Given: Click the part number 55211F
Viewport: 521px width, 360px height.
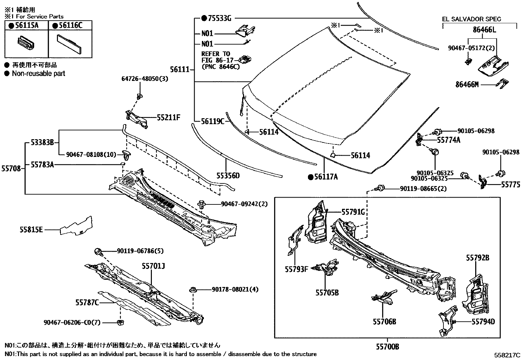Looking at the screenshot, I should point(169,118).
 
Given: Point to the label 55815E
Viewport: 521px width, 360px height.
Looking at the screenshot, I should point(31,230).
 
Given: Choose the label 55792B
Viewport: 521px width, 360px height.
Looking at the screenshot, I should point(477,258).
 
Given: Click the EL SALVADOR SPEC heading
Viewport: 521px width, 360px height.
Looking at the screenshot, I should point(471,19).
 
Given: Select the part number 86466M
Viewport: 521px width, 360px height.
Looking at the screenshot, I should point(467,85).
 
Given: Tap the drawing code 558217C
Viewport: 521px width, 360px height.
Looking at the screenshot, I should point(507,355).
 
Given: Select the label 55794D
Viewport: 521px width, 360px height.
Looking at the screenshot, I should point(483,322).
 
